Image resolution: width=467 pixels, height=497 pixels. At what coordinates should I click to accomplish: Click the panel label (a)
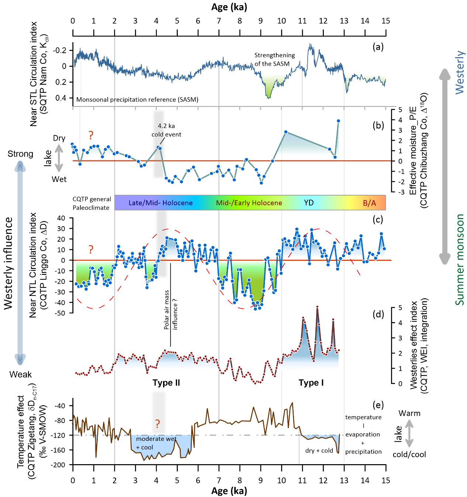click(x=378, y=47)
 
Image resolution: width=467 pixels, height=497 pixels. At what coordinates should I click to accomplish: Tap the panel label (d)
click(x=378, y=314)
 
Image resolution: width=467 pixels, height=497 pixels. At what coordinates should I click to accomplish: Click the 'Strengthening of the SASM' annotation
click(x=274, y=59)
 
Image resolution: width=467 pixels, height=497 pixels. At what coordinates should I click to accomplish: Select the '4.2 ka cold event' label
click(x=166, y=130)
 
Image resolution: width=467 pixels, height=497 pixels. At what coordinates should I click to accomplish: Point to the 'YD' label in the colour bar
click(x=309, y=203)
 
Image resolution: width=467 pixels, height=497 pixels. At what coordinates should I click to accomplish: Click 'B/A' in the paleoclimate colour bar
click(x=369, y=203)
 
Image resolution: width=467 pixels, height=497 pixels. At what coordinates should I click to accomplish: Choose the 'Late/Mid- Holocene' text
click(x=160, y=203)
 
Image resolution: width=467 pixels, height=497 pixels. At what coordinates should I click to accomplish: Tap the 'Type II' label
click(x=166, y=383)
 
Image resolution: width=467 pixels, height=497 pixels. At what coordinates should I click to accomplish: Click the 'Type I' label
click(x=311, y=383)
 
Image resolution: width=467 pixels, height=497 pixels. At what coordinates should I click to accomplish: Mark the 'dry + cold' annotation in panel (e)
click(x=319, y=451)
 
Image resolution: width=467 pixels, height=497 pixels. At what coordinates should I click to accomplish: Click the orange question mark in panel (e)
click(x=158, y=424)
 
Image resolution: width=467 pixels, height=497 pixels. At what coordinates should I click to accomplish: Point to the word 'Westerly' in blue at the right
click(x=460, y=72)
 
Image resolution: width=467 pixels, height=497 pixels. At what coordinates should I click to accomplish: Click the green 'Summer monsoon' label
click(x=460, y=260)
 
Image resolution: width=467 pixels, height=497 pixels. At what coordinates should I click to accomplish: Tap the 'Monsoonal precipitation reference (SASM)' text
click(x=137, y=100)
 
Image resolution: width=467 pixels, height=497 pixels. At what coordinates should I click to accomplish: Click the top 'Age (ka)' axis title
click(x=229, y=7)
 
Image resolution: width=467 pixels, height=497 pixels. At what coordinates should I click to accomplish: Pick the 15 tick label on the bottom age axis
click(x=386, y=480)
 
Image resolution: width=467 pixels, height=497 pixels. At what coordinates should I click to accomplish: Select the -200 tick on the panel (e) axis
click(x=59, y=465)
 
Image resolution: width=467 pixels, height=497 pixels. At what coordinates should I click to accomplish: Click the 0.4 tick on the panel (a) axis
click(x=61, y=98)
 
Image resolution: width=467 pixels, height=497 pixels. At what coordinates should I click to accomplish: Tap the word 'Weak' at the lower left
click(x=21, y=375)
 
